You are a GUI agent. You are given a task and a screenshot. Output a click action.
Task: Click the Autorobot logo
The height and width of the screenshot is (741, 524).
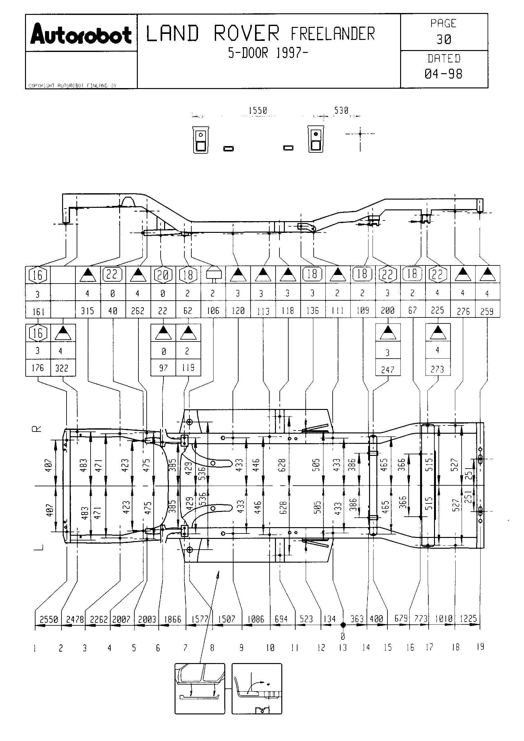[81, 34]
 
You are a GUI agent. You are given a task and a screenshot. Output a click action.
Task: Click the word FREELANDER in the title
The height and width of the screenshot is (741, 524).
[333, 34]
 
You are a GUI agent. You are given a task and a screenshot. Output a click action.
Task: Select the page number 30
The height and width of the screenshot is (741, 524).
[444, 40]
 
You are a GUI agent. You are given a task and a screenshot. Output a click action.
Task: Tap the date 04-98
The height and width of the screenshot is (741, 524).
[444, 74]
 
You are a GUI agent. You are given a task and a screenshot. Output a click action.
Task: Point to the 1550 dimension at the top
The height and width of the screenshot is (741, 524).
[258, 111]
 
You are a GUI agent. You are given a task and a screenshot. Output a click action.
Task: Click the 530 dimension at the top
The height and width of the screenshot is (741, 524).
[341, 111]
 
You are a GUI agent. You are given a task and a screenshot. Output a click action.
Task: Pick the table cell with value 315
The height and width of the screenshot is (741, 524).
[87, 311]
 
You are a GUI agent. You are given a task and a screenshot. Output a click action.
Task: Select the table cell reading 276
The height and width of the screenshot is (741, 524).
[463, 311]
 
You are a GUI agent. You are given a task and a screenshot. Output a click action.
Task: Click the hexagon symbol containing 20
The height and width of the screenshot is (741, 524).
[163, 275]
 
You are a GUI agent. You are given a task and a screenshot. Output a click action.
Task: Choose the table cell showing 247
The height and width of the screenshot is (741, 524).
[387, 369]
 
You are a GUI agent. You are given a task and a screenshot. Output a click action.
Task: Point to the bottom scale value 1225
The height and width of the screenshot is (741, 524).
[468, 619]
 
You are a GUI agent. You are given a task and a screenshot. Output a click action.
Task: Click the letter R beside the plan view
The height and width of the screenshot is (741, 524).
[38, 429]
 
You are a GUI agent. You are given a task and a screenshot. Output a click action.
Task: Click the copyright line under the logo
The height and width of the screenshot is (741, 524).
[72, 86]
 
